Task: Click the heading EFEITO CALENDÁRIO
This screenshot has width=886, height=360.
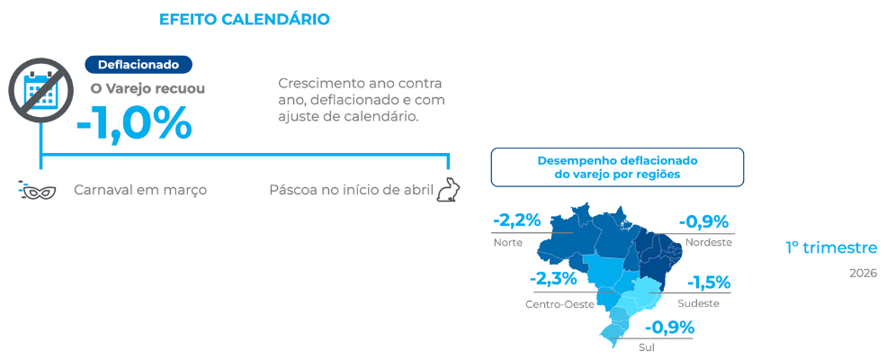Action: (x=244, y=19)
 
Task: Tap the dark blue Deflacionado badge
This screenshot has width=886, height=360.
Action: (x=139, y=65)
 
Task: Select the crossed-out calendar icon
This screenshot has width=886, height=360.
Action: (x=41, y=90)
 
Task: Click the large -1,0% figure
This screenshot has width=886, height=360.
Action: (x=135, y=122)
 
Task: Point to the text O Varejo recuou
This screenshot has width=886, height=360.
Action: (x=148, y=89)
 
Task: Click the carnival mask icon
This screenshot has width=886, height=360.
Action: (x=37, y=191)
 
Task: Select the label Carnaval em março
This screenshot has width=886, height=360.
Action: (x=140, y=190)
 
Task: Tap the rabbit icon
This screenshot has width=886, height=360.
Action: (x=448, y=189)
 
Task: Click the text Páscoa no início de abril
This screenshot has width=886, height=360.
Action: (x=352, y=190)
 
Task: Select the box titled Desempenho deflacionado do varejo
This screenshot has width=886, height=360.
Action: (x=617, y=167)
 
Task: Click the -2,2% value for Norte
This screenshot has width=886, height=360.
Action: (x=517, y=220)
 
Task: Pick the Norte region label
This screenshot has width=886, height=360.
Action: (x=508, y=242)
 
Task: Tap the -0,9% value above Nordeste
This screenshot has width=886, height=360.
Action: (x=703, y=221)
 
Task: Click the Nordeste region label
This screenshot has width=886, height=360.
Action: (x=709, y=242)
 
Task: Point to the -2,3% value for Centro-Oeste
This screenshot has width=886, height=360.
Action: (x=553, y=279)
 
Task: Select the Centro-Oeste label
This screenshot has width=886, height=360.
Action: (x=560, y=304)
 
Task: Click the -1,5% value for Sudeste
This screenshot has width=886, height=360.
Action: (x=709, y=282)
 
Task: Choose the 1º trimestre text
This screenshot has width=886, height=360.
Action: (x=831, y=247)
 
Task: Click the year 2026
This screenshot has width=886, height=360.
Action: (x=863, y=274)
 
